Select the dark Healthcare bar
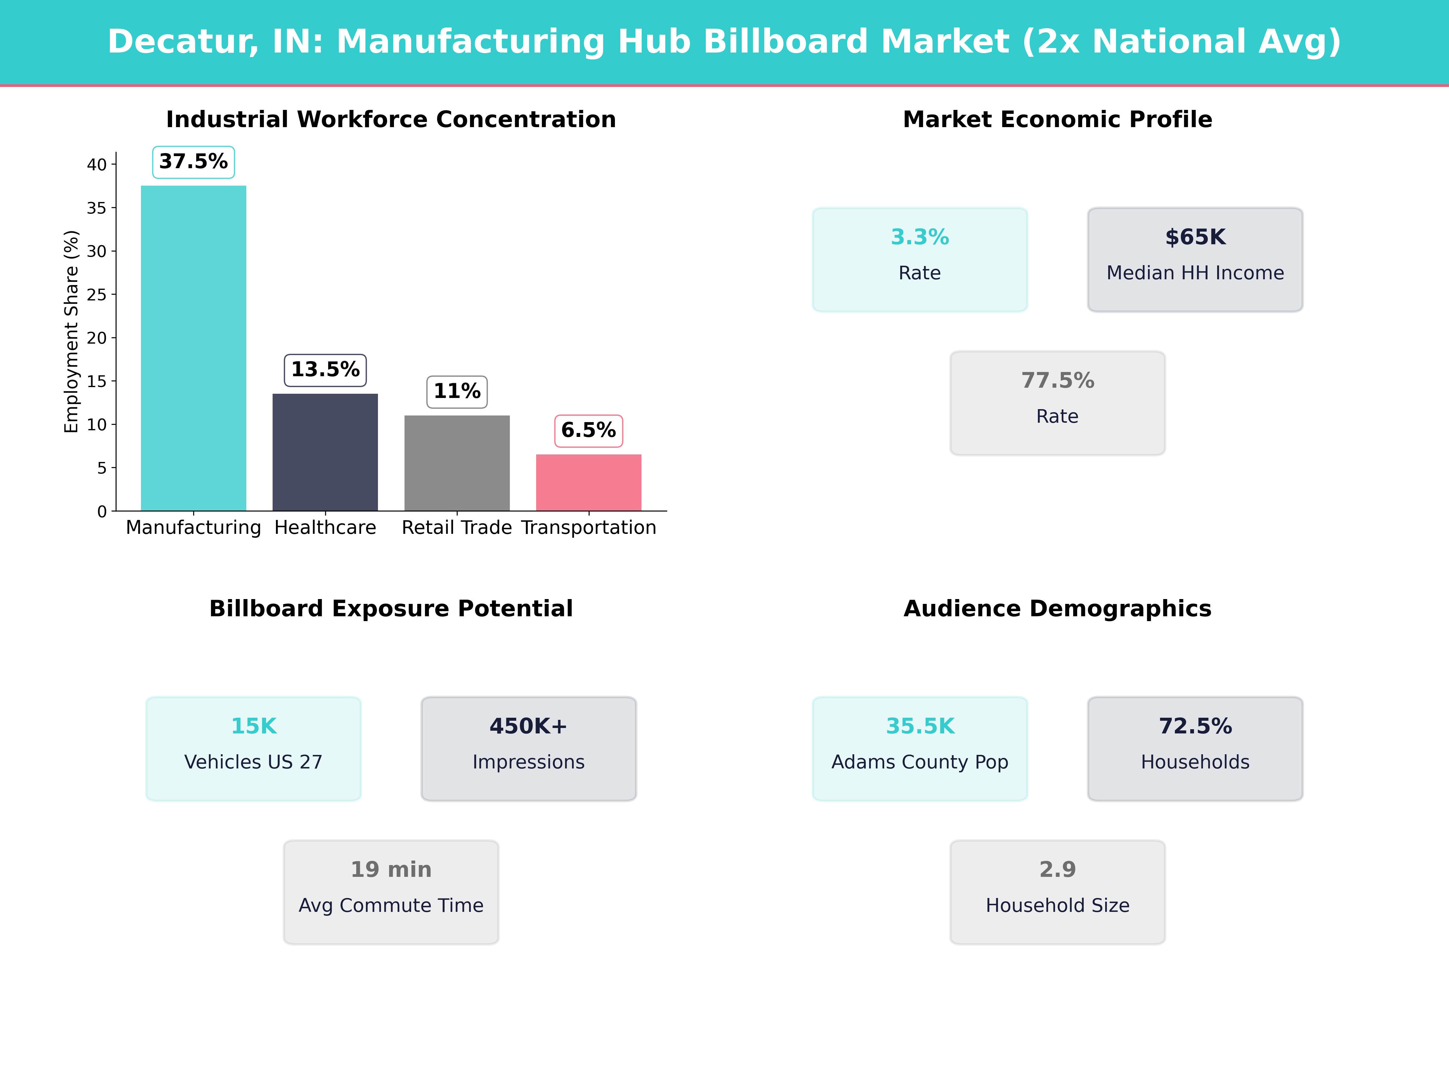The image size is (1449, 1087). point(325,452)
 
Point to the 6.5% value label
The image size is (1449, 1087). point(588,431)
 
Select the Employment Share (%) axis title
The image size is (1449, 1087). point(71,332)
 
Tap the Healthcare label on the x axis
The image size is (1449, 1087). point(325,527)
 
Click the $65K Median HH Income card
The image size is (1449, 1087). point(1195,259)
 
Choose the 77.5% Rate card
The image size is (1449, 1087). point(1057,403)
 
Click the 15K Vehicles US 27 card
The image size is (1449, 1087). point(254,748)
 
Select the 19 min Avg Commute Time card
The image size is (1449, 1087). point(391,892)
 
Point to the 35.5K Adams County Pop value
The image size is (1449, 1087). point(920,726)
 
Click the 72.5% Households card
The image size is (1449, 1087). point(1195,748)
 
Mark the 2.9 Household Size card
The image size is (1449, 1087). point(1057,892)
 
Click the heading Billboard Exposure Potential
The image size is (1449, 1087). point(391,609)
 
